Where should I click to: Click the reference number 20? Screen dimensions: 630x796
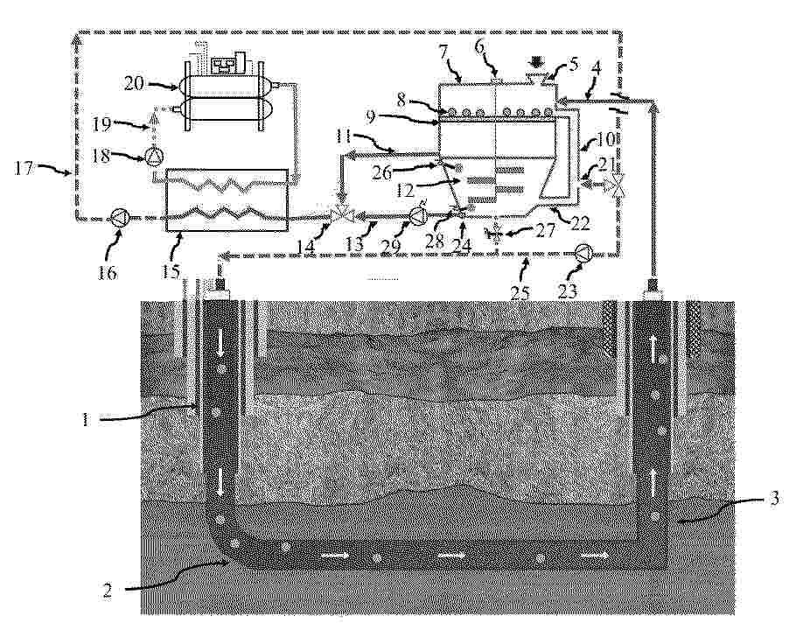pos(133,84)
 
